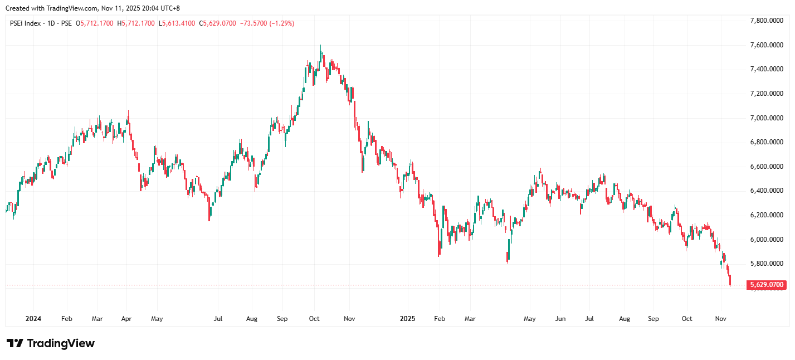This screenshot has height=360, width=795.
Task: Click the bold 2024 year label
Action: click(33, 319)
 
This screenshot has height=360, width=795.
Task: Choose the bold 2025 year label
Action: click(408, 319)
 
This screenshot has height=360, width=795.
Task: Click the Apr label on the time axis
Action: click(126, 319)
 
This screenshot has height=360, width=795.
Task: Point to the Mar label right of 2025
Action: click(470, 319)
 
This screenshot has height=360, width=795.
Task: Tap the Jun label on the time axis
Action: click(560, 319)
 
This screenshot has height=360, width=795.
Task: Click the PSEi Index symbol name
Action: click(25, 23)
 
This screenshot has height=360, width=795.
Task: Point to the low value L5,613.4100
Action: click(176, 23)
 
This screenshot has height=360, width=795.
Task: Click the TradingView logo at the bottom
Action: click(50, 343)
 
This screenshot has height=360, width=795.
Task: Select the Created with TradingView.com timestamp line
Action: click(92, 8)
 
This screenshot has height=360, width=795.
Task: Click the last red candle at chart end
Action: click(730, 280)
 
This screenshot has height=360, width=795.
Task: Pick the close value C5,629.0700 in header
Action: click(217, 23)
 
